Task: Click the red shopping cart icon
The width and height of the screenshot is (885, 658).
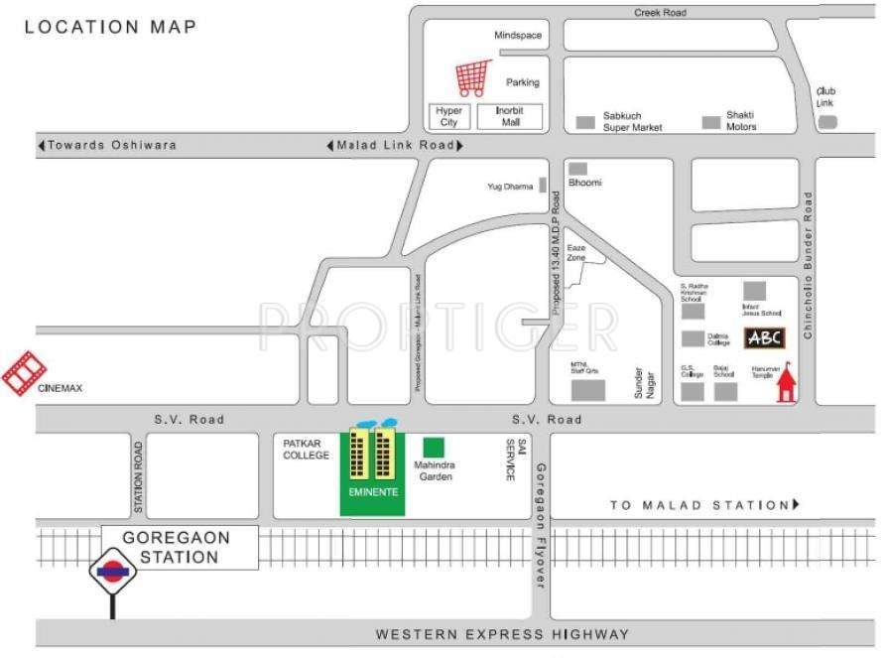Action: tap(472, 77)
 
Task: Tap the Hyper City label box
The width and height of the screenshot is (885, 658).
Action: tap(449, 117)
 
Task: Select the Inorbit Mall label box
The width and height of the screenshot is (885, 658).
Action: tap(510, 117)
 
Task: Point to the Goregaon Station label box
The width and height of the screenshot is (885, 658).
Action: tap(179, 547)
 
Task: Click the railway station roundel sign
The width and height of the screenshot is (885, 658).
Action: tap(112, 574)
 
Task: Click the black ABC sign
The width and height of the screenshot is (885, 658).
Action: tap(764, 337)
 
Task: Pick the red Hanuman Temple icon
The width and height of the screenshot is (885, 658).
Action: tap(787, 383)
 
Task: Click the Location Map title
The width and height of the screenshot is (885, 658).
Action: tap(110, 27)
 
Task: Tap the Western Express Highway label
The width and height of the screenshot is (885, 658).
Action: tap(501, 634)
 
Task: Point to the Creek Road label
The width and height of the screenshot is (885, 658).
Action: tap(661, 13)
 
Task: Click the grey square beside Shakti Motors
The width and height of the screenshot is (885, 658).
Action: tap(710, 122)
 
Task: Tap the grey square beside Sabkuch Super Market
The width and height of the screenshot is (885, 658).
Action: tap(586, 122)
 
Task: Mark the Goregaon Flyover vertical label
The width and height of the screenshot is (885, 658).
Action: tap(541, 526)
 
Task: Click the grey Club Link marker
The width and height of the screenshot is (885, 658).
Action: tap(826, 121)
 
